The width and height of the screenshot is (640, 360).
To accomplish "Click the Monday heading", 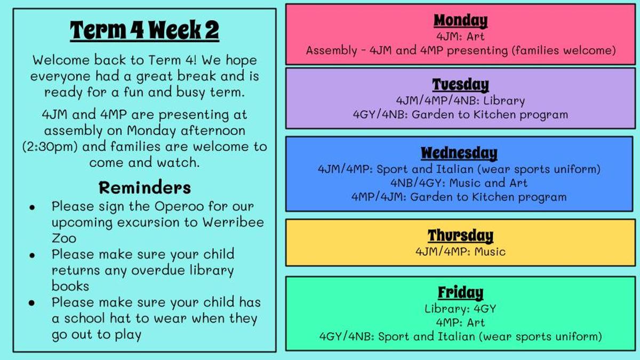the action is tap(460, 21).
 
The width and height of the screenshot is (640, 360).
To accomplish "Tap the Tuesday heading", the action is tap(460, 85).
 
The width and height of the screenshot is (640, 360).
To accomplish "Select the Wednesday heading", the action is tap(459, 153).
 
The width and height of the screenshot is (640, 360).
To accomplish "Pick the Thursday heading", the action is tap(460, 236).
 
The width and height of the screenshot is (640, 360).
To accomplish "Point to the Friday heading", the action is tap(460, 293).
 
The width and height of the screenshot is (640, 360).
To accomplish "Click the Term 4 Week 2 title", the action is tap(145, 30).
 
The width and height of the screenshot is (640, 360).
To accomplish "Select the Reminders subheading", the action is tap(145, 188).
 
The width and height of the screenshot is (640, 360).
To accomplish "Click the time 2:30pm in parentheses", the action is tap(50, 147).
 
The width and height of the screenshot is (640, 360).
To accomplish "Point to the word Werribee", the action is tap(233, 222).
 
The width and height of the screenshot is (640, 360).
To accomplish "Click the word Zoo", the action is tap(64, 238).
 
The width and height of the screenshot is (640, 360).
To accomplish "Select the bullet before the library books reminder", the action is tap(32, 255).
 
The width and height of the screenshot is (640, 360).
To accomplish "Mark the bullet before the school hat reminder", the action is tap(32, 302).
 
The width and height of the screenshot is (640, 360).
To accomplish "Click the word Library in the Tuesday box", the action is tap(504, 101).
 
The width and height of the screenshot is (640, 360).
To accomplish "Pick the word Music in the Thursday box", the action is tap(490, 252).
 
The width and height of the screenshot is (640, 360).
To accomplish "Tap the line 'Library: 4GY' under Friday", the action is tap(460, 309).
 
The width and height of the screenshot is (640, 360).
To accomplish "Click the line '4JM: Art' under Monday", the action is tap(460, 37).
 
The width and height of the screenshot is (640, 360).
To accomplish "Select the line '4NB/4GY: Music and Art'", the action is tap(459, 183).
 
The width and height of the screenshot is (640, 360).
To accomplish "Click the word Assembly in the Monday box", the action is tap(331, 51).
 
